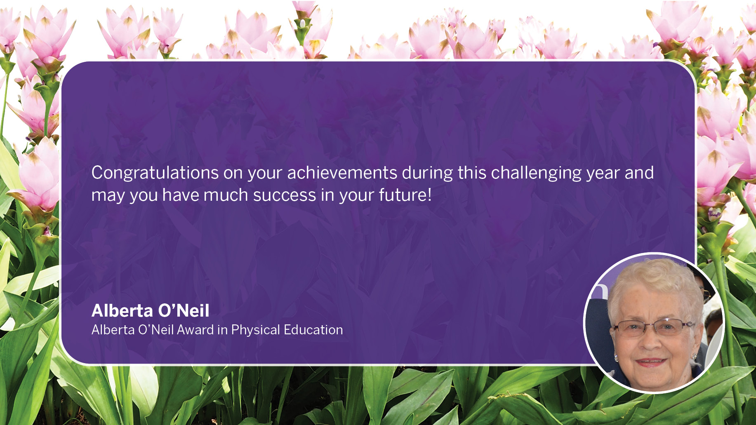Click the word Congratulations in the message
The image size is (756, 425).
pos(155,173)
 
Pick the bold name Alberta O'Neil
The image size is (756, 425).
pos(151,310)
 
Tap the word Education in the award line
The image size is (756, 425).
pos(313,330)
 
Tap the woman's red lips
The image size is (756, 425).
pos(651,362)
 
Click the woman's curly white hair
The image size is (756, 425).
pos(656,284)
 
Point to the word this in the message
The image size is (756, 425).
pos(472,173)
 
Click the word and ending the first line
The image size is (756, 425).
pos(639,173)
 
